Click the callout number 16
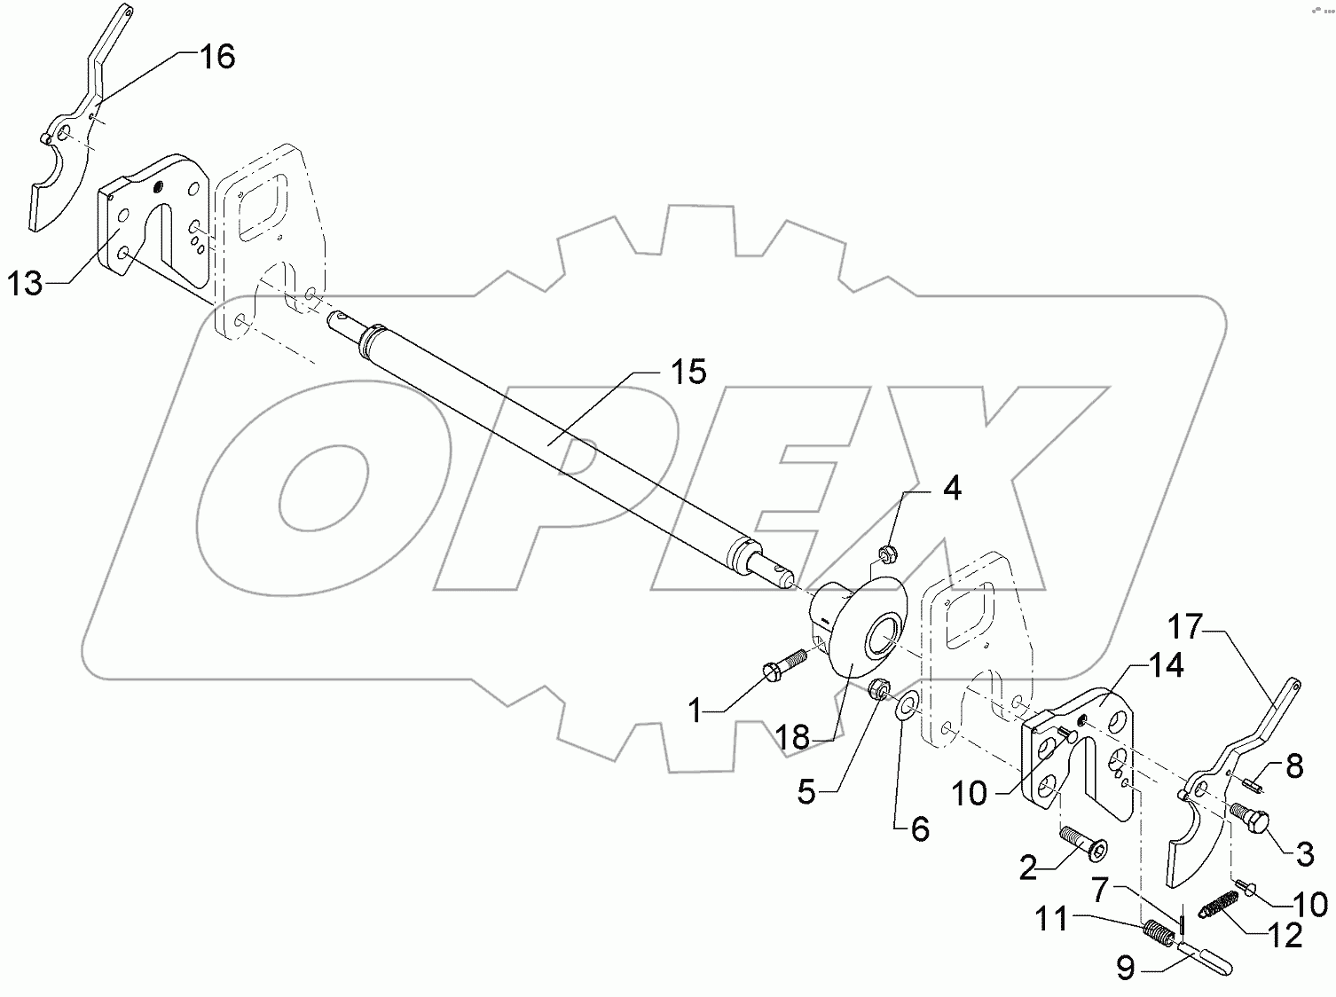tap(216, 58)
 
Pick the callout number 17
tap(1184, 627)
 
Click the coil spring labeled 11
tap(1158, 933)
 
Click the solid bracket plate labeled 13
tap(155, 222)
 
